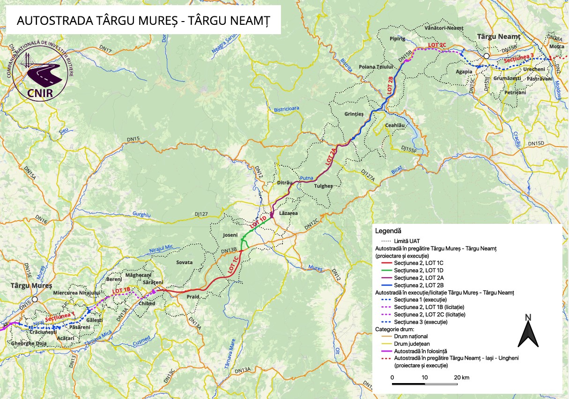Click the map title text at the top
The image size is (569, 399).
click(x=142, y=21)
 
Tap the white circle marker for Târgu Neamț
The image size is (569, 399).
click(x=487, y=56)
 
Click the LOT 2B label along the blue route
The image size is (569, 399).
click(x=390, y=85)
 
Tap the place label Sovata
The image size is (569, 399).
click(x=184, y=262)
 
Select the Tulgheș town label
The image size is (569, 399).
click(x=323, y=186)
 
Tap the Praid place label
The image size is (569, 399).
click(x=193, y=297)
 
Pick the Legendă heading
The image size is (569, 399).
click(x=388, y=231)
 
